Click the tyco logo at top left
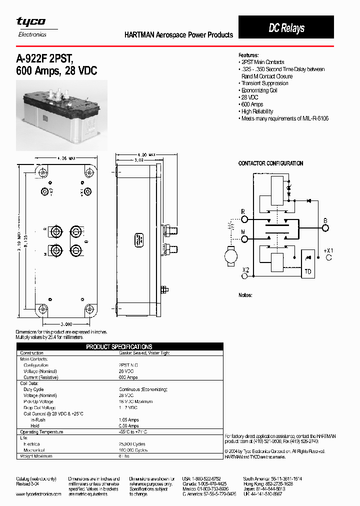31,21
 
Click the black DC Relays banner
286,27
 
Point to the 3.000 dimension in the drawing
66,324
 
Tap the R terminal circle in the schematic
243,219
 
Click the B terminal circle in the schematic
325,228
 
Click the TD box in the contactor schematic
306,272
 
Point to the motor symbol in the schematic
231,256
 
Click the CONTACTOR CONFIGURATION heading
270,163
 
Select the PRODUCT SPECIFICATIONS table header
119,346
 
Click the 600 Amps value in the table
128,377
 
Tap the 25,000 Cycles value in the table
132,444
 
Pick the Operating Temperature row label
41,432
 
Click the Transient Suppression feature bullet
264,83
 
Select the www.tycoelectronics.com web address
38,494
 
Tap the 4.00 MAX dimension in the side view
146,154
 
